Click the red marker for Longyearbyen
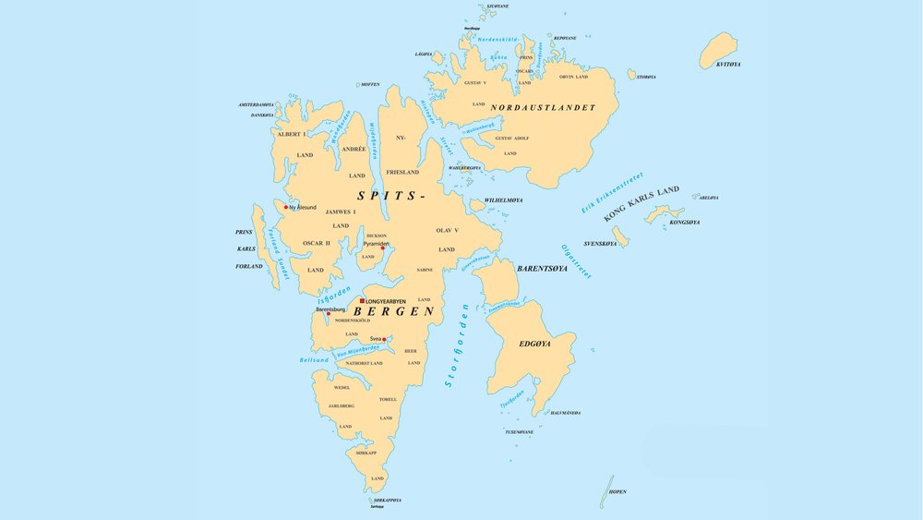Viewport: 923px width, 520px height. coord(362,301)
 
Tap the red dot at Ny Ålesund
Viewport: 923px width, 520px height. coord(286,207)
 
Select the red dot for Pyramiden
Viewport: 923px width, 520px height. coord(383,248)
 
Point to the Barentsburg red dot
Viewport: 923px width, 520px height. coord(328,314)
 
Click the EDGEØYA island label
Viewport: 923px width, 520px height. coord(533,344)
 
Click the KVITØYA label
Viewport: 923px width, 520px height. coord(728,65)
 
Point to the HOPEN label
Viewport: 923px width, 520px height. coord(617,492)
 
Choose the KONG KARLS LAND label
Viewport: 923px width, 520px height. coord(641,203)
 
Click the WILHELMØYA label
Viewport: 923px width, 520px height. coord(504,200)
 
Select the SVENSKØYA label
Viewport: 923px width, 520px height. coord(600,244)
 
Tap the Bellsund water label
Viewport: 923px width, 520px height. coord(314,359)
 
